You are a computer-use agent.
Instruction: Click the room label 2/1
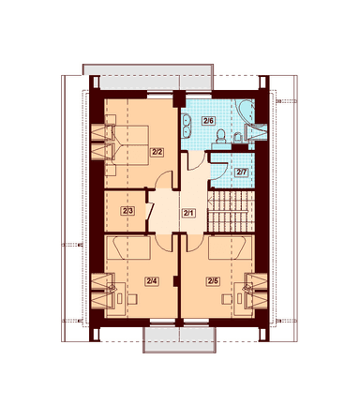point(188,214)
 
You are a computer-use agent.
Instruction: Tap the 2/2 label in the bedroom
point(157,152)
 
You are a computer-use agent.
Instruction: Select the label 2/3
point(127,211)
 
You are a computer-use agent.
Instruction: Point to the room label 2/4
point(152,281)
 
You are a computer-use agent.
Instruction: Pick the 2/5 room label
point(213,281)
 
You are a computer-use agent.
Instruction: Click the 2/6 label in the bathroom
point(208,121)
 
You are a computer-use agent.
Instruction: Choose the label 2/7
point(241,172)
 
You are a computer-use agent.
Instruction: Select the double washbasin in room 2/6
point(187,127)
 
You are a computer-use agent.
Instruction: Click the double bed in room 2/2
point(129,145)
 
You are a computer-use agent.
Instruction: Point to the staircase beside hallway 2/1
point(232,212)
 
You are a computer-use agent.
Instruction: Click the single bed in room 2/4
point(128,247)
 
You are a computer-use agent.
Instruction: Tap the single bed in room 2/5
point(231,247)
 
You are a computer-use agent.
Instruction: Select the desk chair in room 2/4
point(132,299)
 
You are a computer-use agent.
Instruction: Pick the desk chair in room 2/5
point(226,299)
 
